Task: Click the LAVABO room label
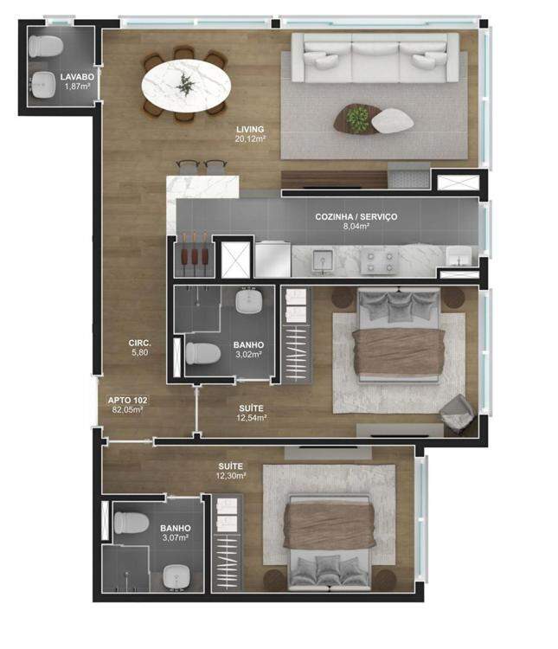[x=77, y=77]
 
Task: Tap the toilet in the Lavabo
[x=46, y=46]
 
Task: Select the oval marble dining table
[x=186, y=86]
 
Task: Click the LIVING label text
[x=250, y=129]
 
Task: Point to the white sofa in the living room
[x=375, y=58]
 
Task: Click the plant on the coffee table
[x=357, y=118]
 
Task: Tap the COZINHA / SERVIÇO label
[x=356, y=216]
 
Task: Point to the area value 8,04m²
[x=356, y=227]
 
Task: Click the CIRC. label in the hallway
[x=139, y=344]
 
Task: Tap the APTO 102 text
[x=127, y=401]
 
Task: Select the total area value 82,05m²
[x=127, y=410]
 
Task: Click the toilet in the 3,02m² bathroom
[x=202, y=353]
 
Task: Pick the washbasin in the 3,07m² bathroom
[x=176, y=576]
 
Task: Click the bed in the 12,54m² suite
[x=399, y=335]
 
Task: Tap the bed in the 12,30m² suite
[x=330, y=543]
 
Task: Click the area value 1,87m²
[x=77, y=87]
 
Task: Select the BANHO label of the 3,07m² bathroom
[x=176, y=528]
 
